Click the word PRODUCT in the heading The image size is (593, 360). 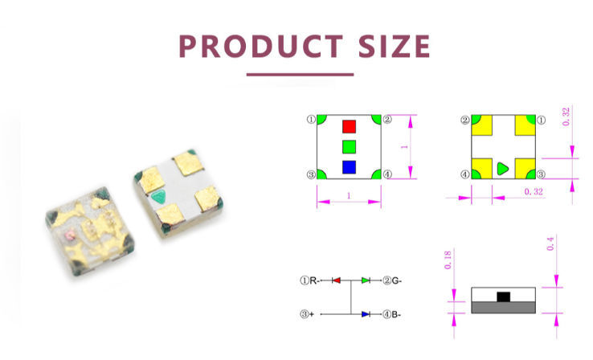260,46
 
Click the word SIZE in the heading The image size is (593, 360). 395,46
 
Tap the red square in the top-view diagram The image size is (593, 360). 349,127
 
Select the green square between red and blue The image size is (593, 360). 349,147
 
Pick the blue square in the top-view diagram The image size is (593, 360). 349,167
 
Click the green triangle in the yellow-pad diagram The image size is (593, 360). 502,169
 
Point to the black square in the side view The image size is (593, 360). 503,297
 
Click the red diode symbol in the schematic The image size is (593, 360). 336,280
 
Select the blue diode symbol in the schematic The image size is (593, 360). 366,314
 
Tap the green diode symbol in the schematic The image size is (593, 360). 366,280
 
